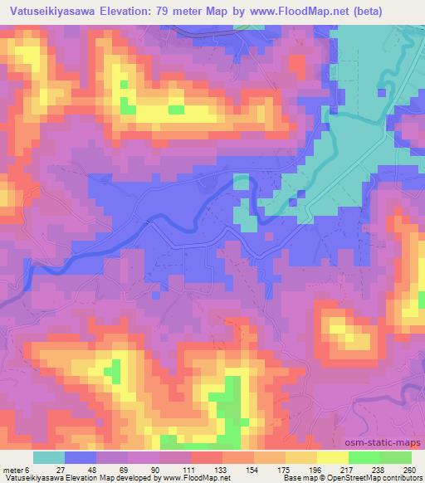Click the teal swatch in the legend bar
click(x=49, y=458)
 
